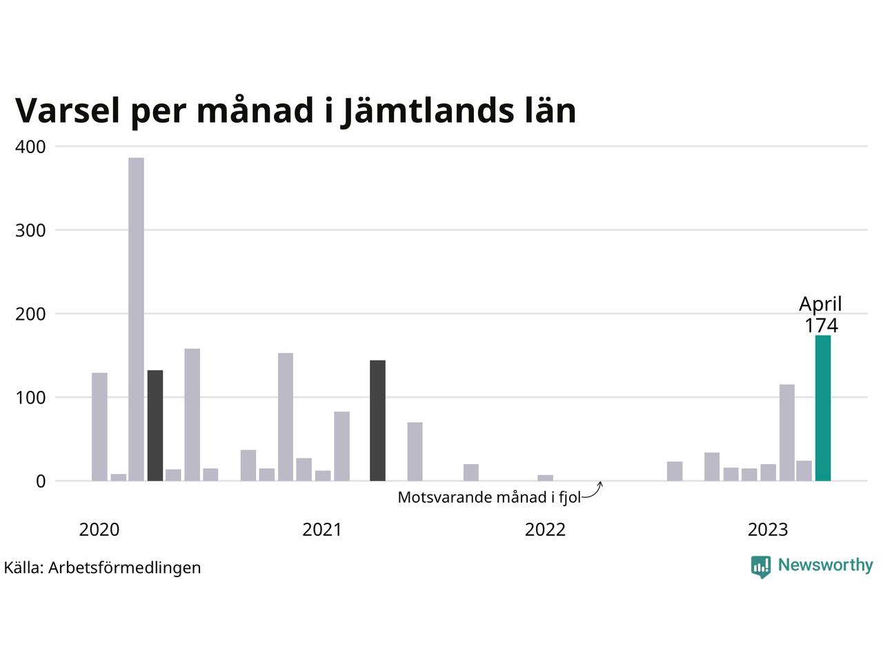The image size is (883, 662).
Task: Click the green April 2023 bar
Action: (823, 408)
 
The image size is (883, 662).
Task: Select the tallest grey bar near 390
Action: (137, 319)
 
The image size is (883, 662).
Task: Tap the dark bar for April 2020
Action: (155, 425)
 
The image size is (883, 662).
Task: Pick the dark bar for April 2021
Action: (377, 420)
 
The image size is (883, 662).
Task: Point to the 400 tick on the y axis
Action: (30, 147)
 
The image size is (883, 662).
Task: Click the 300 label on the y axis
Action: (30, 230)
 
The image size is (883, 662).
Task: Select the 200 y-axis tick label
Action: (30, 314)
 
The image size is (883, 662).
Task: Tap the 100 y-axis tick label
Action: (30, 398)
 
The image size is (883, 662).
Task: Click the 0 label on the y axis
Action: (41, 481)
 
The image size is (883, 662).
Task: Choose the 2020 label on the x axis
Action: (99, 530)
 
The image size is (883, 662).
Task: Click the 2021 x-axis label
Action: (322, 530)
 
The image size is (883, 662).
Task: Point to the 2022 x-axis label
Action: (545, 530)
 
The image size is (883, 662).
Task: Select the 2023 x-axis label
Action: (768, 530)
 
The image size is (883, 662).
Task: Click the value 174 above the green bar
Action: (821, 325)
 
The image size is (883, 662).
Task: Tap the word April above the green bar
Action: (820, 304)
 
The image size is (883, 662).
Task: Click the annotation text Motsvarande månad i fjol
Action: (489, 497)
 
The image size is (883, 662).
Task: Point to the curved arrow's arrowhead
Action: (600, 483)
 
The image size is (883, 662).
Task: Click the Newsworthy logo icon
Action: (761, 566)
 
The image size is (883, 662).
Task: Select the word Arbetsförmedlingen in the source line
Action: (125, 568)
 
